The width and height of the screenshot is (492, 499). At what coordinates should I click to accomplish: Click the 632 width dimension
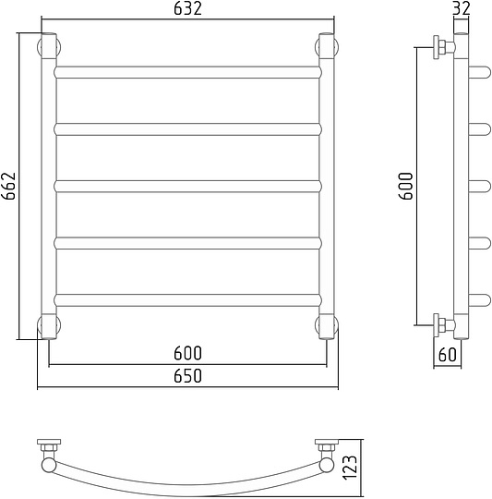click(x=187, y=8)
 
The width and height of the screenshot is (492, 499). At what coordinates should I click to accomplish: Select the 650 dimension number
click(x=187, y=376)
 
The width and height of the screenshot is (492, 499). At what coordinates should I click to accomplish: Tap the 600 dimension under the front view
click(x=187, y=353)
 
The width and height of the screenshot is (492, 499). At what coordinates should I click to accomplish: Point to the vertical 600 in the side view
click(x=405, y=186)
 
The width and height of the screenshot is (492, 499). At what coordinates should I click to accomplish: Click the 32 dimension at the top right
click(x=461, y=8)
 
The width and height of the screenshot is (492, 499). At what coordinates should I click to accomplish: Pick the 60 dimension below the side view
click(x=447, y=355)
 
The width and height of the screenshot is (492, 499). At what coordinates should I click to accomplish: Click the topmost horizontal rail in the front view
click(x=187, y=72)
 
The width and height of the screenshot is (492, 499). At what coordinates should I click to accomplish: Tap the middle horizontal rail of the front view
click(x=187, y=187)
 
